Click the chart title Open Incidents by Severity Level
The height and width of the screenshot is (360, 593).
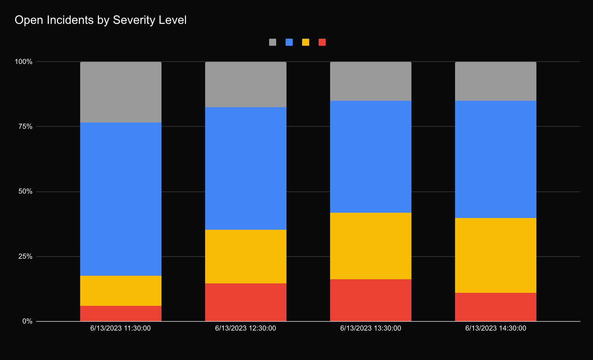tap(101, 20)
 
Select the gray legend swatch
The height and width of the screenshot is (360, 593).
tap(273, 42)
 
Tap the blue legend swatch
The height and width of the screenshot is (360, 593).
tap(289, 42)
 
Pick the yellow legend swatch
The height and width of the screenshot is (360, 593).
tap(306, 42)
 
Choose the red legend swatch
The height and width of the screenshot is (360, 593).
tap(322, 42)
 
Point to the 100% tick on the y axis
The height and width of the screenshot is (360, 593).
tap(24, 62)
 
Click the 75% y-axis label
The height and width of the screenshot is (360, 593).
tap(25, 126)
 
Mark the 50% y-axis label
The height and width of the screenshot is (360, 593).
tap(25, 191)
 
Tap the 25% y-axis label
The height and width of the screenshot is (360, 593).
tap(25, 256)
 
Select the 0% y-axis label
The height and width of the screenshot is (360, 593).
tap(27, 321)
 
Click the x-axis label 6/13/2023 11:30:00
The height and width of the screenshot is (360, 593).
tap(121, 328)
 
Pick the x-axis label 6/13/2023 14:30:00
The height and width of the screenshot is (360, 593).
tap(496, 328)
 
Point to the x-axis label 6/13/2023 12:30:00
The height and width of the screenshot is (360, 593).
tap(246, 328)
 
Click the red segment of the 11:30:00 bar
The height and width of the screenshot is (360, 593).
tap(121, 313)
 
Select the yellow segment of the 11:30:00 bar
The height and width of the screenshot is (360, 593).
tap(121, 290)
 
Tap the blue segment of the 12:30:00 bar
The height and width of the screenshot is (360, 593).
tap(246, 168)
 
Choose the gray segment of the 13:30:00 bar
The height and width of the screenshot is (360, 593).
tap(371, 81)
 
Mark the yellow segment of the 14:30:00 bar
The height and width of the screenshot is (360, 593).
tap(496, 255)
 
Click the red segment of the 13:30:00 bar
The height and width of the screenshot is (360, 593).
tap(371, 300)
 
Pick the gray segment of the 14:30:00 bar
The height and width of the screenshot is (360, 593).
tap(496, 81)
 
